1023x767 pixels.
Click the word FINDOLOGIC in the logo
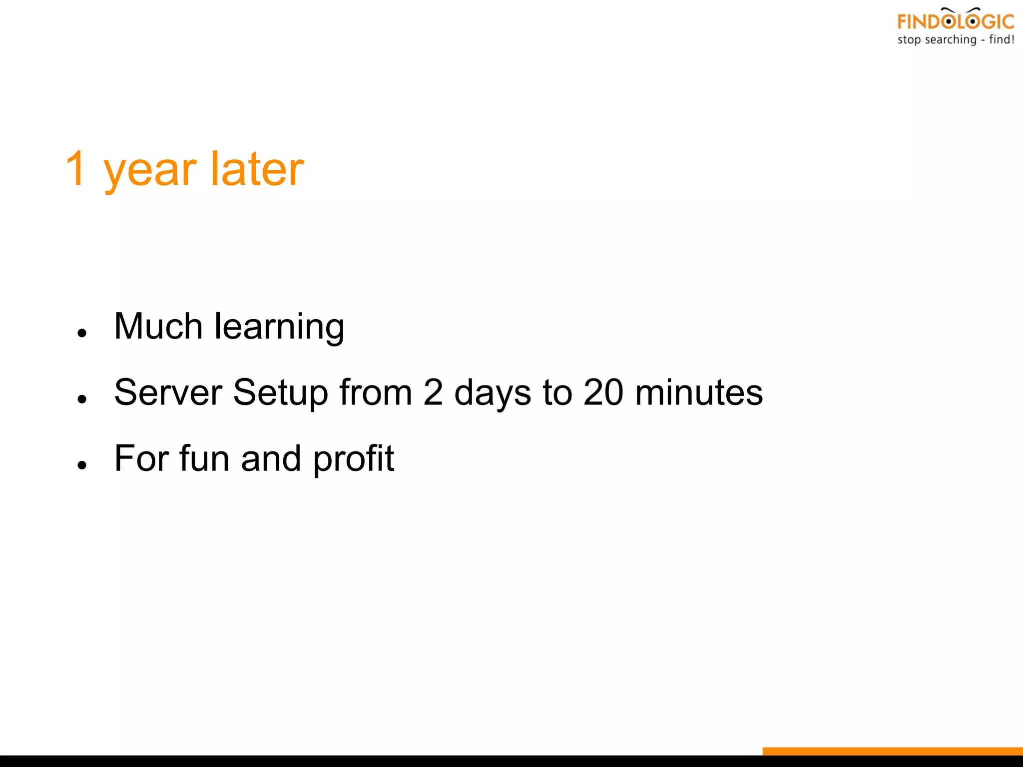point(955,21)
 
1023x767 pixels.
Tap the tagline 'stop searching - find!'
point(955,40)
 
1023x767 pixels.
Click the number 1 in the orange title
point(76,169)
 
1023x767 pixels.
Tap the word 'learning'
point(279,327)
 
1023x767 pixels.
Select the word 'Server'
point(168,392)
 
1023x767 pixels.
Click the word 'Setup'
point(280,393)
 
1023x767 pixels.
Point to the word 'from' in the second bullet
point(376,392)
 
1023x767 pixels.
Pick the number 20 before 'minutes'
point(603,392)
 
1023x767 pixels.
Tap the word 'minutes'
point(699,392)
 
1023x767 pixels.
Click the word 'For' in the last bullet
point(141,458)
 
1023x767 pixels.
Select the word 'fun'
point(204,458)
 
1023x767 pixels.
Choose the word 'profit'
point(354,459)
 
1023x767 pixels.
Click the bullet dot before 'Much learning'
point(82,333)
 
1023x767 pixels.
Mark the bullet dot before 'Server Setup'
point(82,398)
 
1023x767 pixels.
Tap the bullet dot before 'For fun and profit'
point(82,465)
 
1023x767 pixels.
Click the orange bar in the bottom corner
point(892,751)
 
